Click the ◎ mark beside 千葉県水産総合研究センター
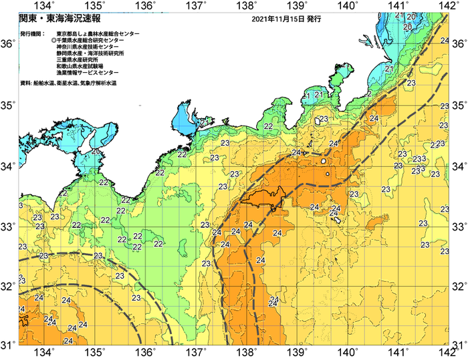click(53, 41)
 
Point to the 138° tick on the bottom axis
click(247, 352)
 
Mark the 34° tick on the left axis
click(8, 165)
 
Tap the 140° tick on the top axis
click(348, 6)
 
